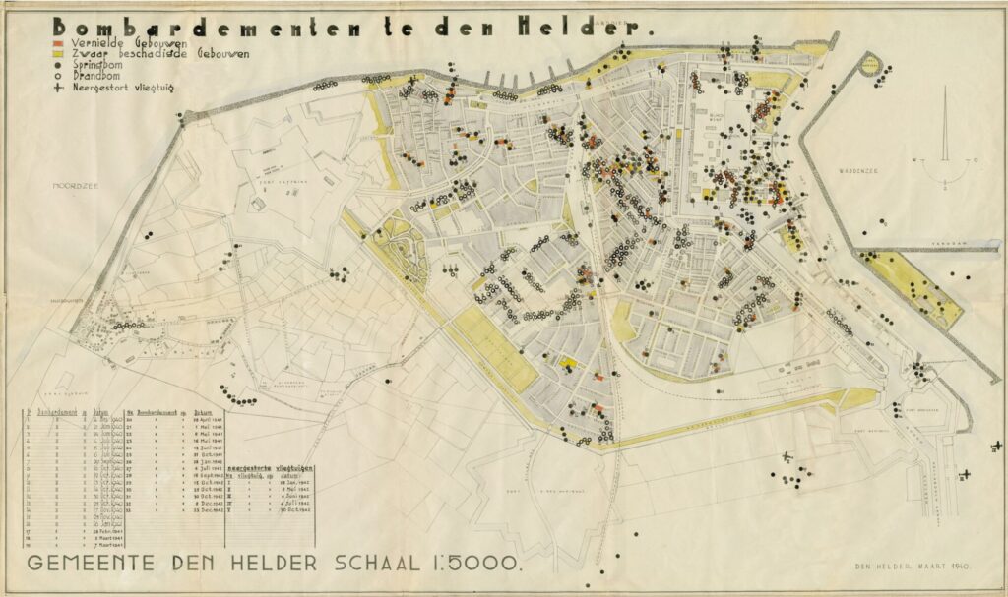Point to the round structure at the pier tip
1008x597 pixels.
click(869, 64)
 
